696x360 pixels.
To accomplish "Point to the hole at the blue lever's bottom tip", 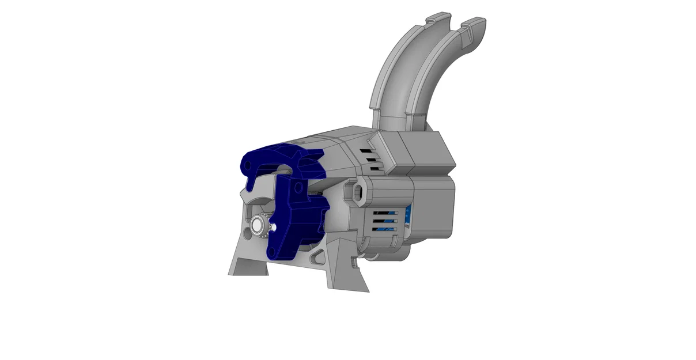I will [x=270, y=253].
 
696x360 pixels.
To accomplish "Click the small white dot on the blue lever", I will [x=275, y=227].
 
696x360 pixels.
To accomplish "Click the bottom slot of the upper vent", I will [x=375, y=168].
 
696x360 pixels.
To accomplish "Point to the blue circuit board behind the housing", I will [x=409, y=219].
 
